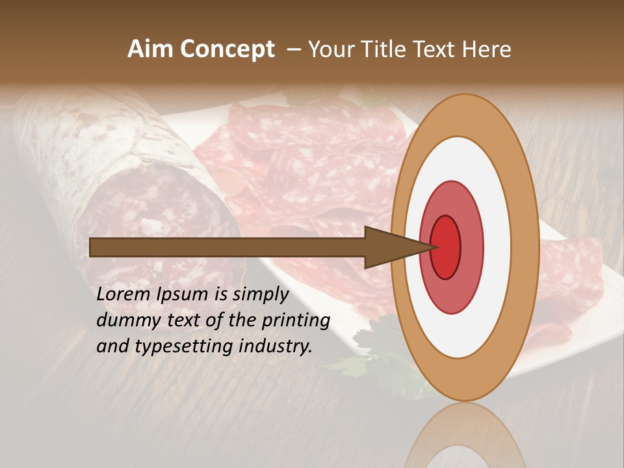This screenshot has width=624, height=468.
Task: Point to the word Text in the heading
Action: coord(435,49)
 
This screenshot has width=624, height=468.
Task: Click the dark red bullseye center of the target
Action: coord(446,247)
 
